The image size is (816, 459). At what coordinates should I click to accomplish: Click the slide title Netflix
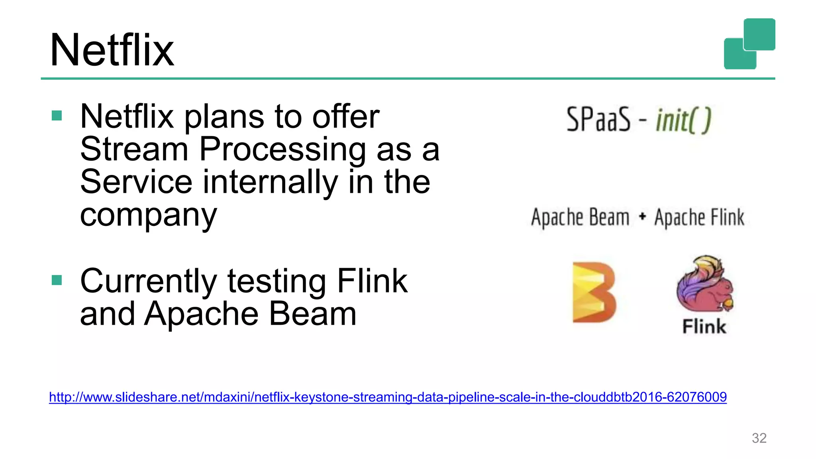pyautogui.click(x=112, y=51)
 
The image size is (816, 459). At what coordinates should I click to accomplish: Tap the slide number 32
pyautogui.click(x=759, y=438)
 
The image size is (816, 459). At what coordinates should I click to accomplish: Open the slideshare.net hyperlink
pyautogui.click(x=388, y=397)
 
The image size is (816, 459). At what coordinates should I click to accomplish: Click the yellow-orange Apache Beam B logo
pyautogui.click(x=594, y=292)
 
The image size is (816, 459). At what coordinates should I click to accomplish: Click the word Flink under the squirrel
pyautogui.click(x=704, y=326)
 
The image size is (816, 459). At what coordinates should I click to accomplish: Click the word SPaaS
pyautogui.click(x=598, y=119)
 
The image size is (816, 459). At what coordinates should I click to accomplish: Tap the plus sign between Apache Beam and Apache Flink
pyautogui.click(x=642, y=217)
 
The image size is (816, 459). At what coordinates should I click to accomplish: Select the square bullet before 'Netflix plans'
pyautogui.click(x=57, y=116)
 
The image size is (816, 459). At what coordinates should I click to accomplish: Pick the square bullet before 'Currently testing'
pyautogui.click(x=57, y=280)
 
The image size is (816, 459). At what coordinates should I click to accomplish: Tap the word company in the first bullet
pyautogui.click(x=148, y=215)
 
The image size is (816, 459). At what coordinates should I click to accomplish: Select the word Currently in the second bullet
pyautogui.click(x=148, y=281)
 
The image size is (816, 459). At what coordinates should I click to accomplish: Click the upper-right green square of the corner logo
pyautogui.click(x=759, y=34)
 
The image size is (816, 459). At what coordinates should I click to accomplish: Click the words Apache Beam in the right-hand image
pyautogui.click(x=580, y=218)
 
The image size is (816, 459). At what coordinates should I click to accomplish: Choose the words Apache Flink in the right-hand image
pyautogui.click(x=699, y=218)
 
